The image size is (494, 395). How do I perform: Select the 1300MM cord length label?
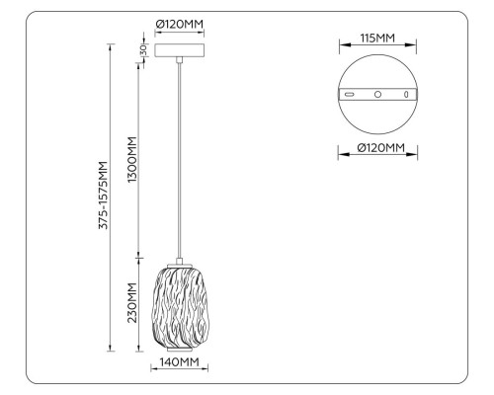(x=132, y=157)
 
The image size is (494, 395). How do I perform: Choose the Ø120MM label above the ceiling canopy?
(x=180, y=27)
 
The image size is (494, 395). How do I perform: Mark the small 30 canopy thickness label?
(x=142, y=50)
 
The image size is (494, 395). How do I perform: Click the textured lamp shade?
(x=180, y=306)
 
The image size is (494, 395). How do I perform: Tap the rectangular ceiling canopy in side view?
(x=180, y=49)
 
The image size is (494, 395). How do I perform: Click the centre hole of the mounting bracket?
(x=376, y=95)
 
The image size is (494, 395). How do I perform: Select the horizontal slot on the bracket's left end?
(x=350, y=95)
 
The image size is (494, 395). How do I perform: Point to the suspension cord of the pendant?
(x=180, y=158)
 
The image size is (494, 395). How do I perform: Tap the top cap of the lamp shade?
(x=180, y=264)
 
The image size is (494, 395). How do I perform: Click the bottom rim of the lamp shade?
(x=180, y=350)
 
